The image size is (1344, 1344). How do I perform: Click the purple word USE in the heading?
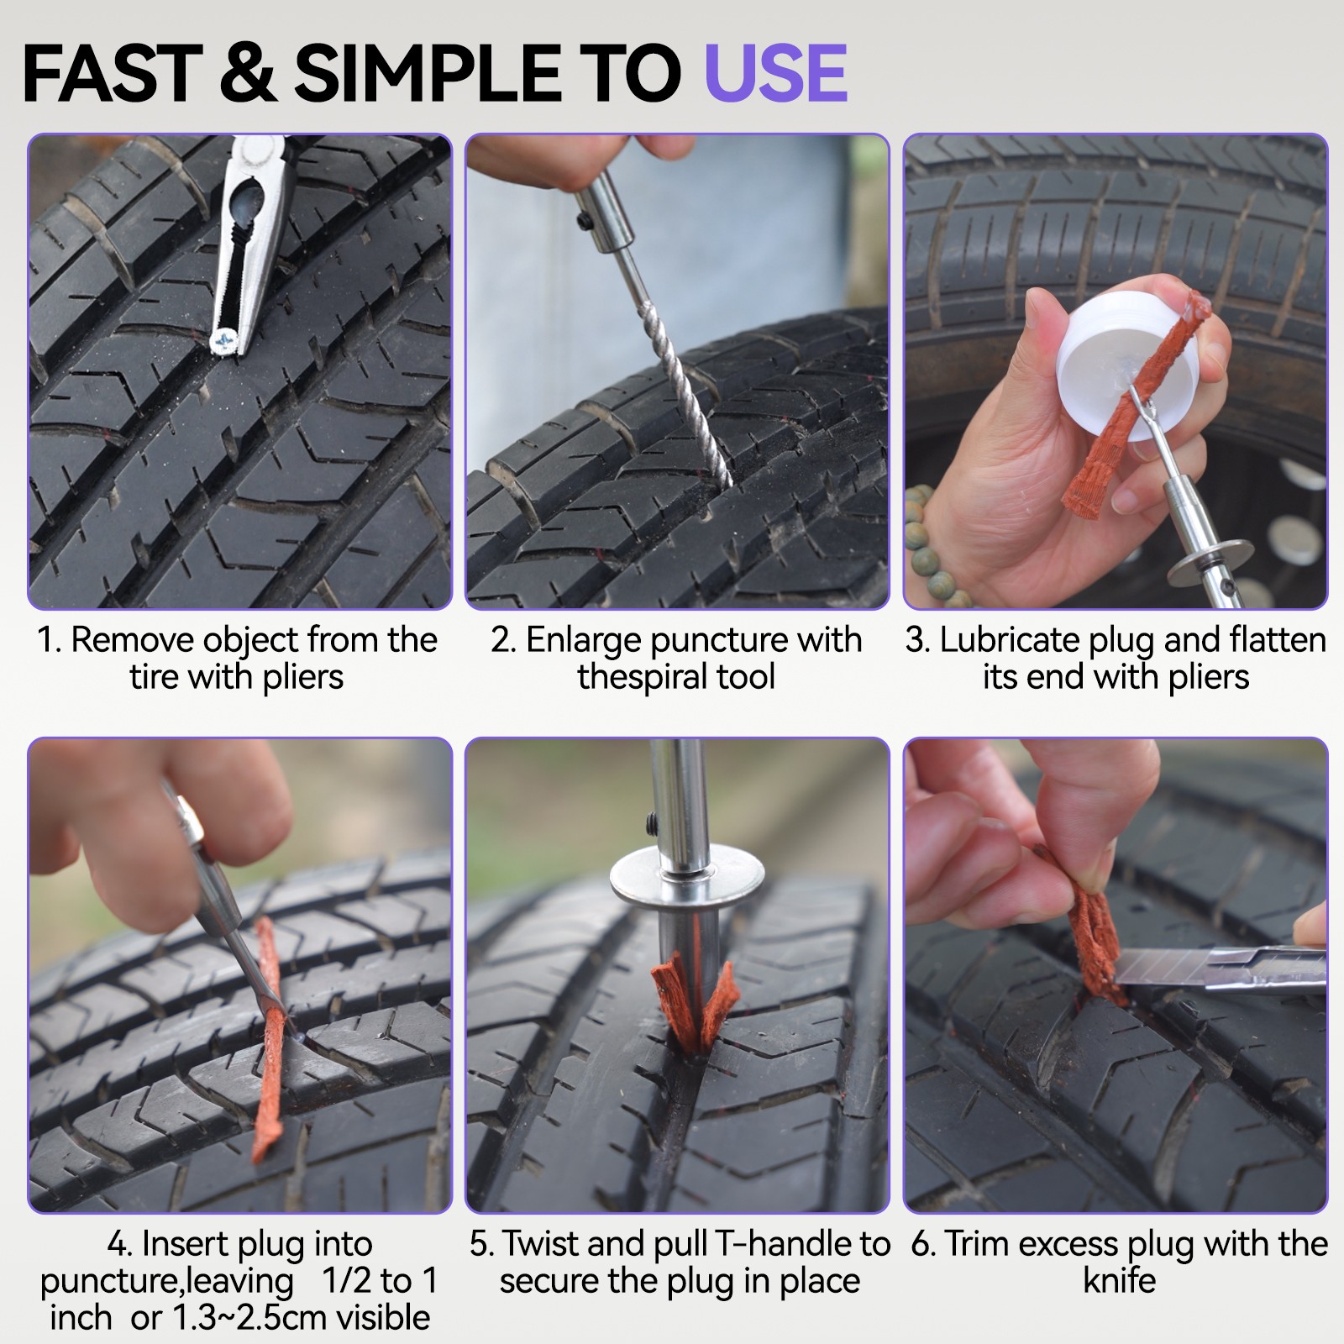(x=774, y=73)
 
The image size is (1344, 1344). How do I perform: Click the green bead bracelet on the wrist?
(x=932, y=538)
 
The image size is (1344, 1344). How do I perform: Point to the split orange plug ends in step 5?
(x=693, y=1004)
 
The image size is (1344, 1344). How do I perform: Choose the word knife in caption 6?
(x=1119, y=1281)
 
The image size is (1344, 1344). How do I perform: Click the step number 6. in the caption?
(x=922, y=1244)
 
